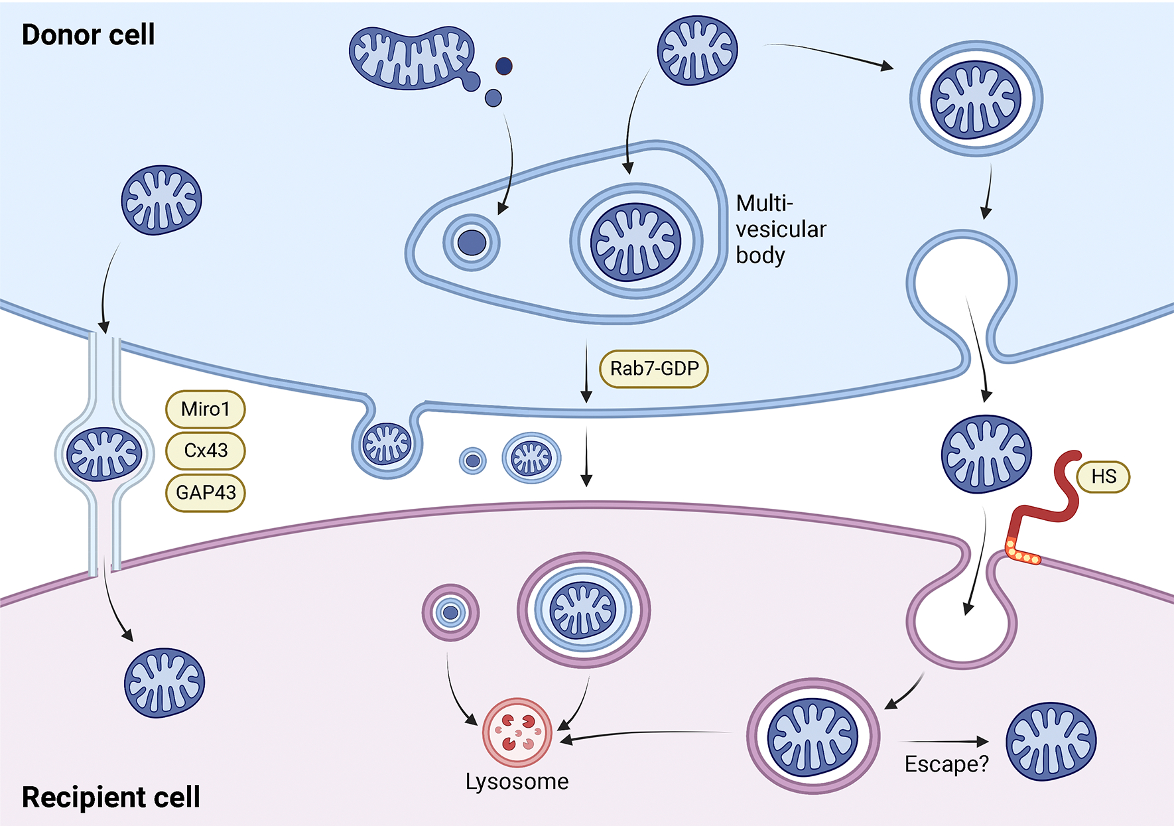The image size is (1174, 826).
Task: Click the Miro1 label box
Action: click(205, 409)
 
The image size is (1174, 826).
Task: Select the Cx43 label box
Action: click(205, 450)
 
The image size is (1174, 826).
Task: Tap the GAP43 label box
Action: click(205, 492)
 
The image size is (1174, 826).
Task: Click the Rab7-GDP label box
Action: click(654, 368)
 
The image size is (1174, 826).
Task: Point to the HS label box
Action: click(1103, 476)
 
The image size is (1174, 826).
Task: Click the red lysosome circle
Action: click(517, 732)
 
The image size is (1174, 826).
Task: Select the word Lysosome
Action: click(517, 782)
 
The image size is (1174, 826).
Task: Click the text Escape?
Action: click(946, 764)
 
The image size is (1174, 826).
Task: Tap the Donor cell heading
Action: click(88, 34)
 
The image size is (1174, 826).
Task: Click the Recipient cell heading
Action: click(111, 797)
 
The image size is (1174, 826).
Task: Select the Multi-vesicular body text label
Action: click(781, 229)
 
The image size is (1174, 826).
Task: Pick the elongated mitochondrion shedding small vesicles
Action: click(411, 58)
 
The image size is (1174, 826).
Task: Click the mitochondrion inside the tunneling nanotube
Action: click(105, 454)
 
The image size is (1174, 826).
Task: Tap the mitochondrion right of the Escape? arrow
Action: click(1051, 741)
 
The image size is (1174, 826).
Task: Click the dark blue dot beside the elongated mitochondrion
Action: click(504, 66)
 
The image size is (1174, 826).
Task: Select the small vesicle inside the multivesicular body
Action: click(472, 242)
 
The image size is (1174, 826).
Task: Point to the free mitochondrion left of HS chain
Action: click(986, 454)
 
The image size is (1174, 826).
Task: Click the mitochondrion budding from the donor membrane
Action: click(387, 443)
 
